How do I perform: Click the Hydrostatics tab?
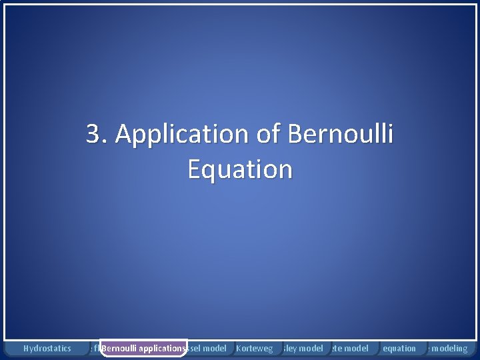[x=47, y=348]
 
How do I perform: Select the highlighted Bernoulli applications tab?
[x=143, y=348]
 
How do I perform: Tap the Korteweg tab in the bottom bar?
[x=255, y=348]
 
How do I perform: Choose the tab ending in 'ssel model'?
[x=207, y=348]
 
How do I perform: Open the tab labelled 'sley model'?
[x=303, y=348]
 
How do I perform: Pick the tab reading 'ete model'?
[x=350, y=348]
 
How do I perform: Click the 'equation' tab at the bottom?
[x=399, y=348]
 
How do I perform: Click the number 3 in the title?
[x=93, y=134]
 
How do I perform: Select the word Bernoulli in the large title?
[x=341, y=134]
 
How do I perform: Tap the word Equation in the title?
[x=240, y=170]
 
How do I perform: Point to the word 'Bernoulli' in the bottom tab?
[x=120, y=348]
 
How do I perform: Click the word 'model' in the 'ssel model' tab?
[x=214, y=348]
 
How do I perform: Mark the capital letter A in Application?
[x=124, y=134]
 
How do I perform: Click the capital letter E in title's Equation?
[x=195, y=169]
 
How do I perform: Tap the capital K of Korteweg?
[x=239, y=348]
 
